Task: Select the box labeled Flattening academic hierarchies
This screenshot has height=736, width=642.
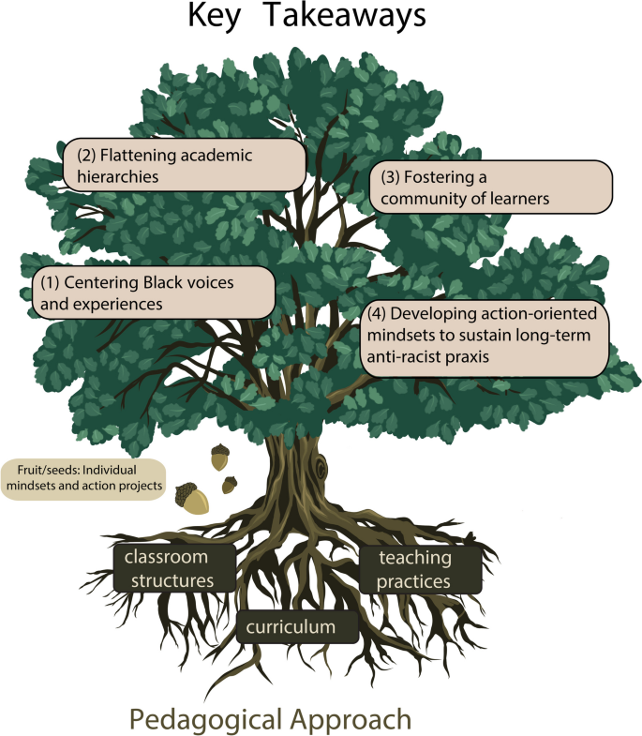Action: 185,165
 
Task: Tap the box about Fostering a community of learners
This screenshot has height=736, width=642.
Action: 490,187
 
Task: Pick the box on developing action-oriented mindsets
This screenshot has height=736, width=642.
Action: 484,338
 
